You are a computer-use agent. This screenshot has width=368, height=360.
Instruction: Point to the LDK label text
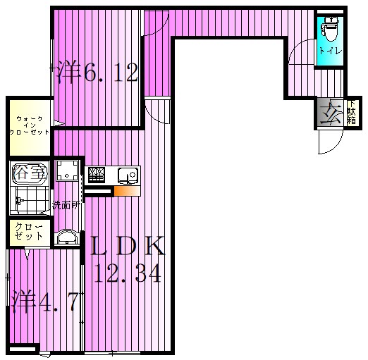coord(127,246)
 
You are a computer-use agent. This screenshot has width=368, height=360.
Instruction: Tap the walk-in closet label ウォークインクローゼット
coord(30,125)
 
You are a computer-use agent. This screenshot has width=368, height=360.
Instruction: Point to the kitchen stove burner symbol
coord(96,173)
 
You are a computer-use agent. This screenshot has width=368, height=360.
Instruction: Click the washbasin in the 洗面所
coord(66,237)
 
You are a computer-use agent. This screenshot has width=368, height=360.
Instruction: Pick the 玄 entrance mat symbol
coord(329,113)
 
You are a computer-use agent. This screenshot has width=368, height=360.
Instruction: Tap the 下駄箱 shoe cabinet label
coord(350,112)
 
